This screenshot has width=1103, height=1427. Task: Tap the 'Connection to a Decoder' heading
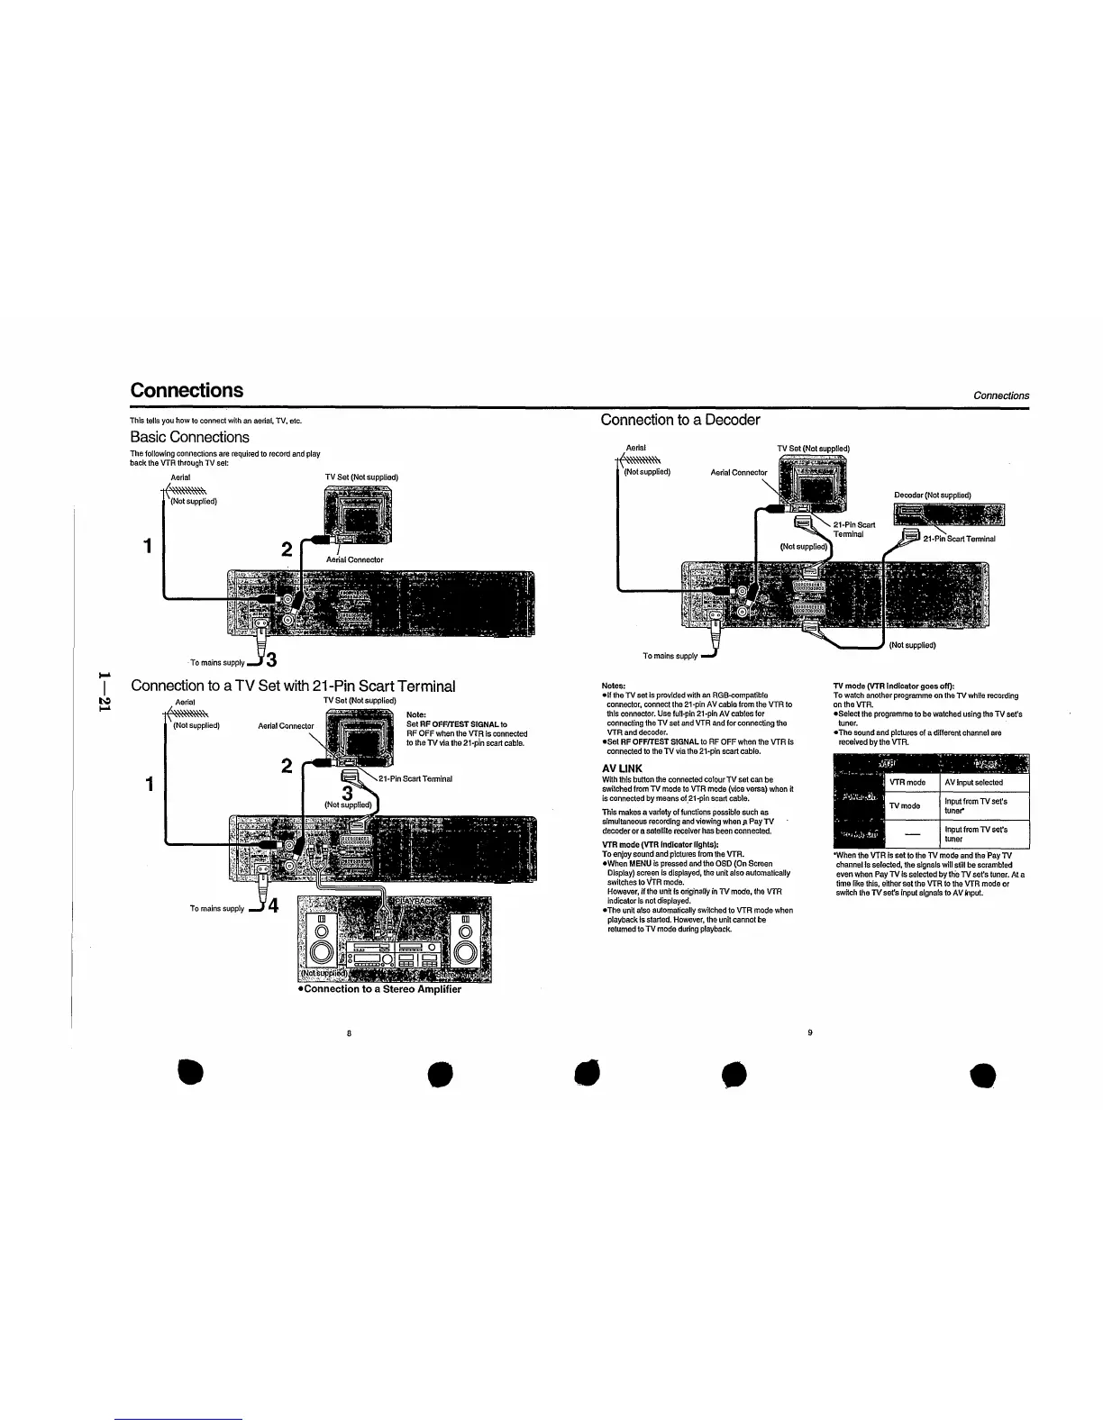click(x=680, y=420)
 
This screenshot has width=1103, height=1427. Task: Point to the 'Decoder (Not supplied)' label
click(x=932, y=495)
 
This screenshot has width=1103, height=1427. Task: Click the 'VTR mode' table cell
click(x=907, y=783)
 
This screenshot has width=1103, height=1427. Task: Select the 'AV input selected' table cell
click(x=973, y=783)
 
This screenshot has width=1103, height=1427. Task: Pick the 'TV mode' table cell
click(x=904, y=806)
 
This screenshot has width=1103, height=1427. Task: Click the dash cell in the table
click(x=911, y=833)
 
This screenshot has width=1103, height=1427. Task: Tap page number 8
click(x=348, y=1032)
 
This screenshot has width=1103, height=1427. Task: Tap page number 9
click(x=810, y=1032)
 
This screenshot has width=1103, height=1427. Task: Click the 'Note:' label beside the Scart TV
click(x=416, y=715)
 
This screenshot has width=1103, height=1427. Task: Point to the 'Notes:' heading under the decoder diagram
click(x=614, y=686)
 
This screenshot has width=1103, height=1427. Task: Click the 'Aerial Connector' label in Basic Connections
click(x=354, y=559)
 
